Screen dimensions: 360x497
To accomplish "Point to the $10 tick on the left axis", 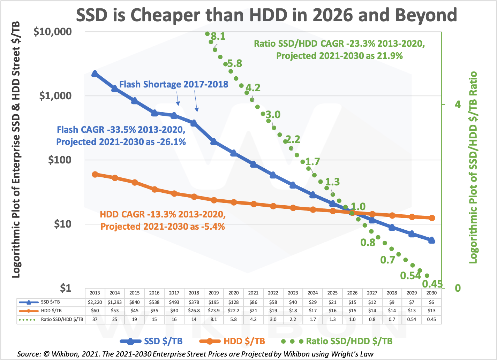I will pos(62,224).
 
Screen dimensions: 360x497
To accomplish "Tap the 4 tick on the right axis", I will pos(458,104).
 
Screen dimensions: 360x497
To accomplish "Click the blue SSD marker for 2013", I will pos(95,74).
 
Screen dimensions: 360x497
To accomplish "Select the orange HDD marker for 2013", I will pos(95,174).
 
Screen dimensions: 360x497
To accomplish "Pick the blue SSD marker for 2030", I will pos(431,240).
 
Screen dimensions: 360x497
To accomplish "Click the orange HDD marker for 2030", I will pos(432,218).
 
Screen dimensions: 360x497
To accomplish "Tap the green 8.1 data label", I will pos(218,36).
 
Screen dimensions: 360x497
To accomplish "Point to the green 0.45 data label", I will pos(432,284).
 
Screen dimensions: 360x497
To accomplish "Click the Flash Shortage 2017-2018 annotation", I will pos(174,84).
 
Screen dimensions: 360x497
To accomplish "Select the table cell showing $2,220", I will pos(95,302).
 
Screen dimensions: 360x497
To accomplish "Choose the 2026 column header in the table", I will pos(352,293).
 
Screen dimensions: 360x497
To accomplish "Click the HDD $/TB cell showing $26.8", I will pos(194,311).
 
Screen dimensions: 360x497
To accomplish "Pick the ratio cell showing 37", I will pos(95,320).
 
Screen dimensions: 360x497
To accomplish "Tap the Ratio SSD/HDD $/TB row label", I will pos(62,320).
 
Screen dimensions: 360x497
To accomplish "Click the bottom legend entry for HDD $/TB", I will pos(244,342).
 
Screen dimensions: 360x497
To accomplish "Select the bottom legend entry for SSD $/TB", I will pos(163,342).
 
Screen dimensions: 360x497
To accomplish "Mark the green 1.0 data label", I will pos(358,207).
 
